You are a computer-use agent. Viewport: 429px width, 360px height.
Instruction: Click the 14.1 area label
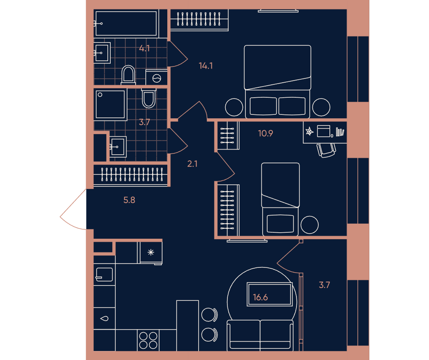(206, 66)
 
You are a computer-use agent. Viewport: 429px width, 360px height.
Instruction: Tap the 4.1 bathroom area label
(144, 48)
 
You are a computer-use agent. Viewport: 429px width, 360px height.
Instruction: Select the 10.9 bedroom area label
(266, 133)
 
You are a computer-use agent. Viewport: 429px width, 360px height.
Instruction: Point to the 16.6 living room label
(260, 297)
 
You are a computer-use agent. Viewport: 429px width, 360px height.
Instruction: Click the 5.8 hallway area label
(129, 200)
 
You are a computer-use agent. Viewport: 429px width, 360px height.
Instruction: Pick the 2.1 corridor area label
(192, 164)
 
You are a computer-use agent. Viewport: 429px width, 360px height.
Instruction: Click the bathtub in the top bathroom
(126, 24)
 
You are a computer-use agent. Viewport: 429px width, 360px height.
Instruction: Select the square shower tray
(110, 105)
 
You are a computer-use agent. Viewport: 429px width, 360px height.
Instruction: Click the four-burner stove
(148, 340)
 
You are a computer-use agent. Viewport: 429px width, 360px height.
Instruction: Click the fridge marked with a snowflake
(151, 253)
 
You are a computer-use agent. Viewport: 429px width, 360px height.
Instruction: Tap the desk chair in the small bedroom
(326, 150)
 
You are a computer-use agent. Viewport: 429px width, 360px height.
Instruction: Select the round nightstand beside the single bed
(309, 225)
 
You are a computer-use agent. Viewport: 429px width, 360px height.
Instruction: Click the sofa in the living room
(260, 336)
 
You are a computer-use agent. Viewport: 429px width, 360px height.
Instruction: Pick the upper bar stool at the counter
(209, 315)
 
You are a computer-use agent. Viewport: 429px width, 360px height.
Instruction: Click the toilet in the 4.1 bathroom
(128, 75)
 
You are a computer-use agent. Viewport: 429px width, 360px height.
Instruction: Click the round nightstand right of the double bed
(321, 107)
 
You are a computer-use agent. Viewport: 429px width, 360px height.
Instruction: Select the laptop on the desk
(323, 131)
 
